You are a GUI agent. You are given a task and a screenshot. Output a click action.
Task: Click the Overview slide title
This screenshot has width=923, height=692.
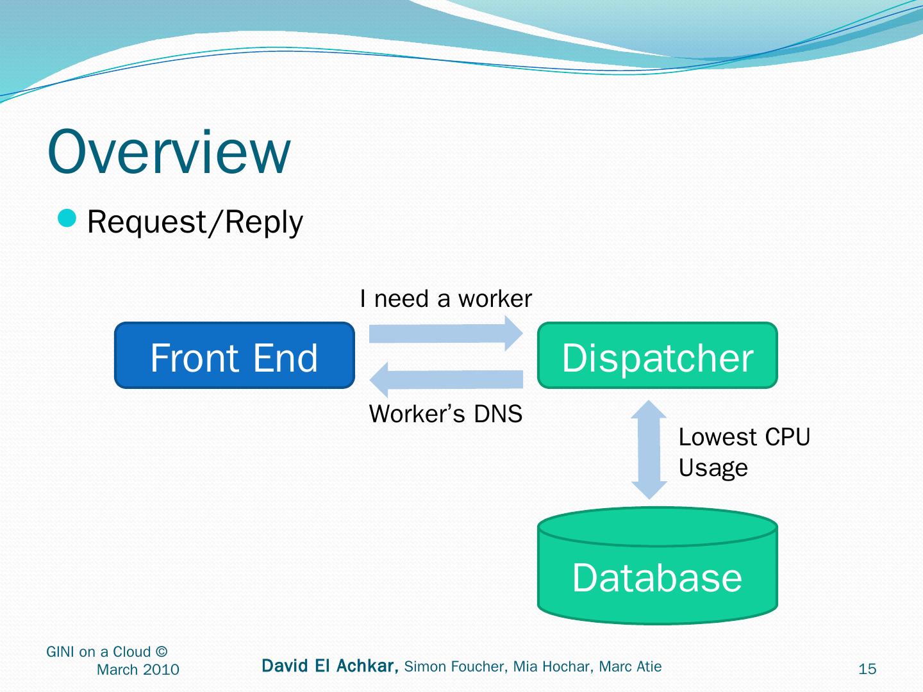169,152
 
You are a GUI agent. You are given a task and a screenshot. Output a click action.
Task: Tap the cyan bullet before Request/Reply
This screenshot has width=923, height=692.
67,219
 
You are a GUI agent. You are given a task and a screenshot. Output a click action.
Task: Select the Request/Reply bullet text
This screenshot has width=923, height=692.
195,222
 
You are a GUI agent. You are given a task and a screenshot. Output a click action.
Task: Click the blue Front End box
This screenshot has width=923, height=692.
235,356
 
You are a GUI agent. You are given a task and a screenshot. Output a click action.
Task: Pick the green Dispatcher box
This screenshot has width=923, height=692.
657,356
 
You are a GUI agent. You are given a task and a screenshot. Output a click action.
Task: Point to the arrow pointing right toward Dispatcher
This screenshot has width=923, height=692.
446,333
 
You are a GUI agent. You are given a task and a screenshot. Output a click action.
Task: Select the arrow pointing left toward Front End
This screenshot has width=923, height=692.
446,379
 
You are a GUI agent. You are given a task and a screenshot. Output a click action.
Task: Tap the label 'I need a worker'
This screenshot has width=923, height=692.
446,299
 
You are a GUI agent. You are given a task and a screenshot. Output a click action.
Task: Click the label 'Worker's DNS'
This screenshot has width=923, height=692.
446,414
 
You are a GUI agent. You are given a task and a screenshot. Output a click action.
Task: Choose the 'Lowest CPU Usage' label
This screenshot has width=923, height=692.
744,452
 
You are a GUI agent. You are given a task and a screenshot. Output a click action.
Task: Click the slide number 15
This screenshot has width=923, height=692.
867,669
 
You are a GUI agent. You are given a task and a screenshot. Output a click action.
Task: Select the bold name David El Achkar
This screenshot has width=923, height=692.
330,666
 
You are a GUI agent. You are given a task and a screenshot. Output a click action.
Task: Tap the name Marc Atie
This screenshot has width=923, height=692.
631,667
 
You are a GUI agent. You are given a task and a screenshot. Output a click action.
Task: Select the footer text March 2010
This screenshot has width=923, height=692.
138,670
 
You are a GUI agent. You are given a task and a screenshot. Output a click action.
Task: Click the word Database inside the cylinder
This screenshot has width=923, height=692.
657,577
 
